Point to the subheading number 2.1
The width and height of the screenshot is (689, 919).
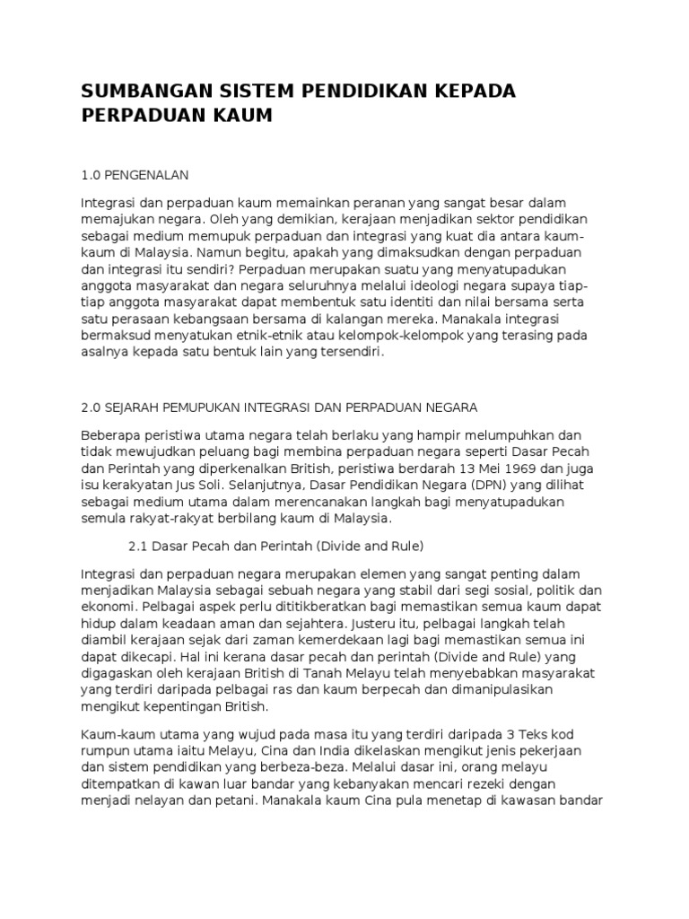140,545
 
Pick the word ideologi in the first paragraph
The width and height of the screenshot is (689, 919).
438,284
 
